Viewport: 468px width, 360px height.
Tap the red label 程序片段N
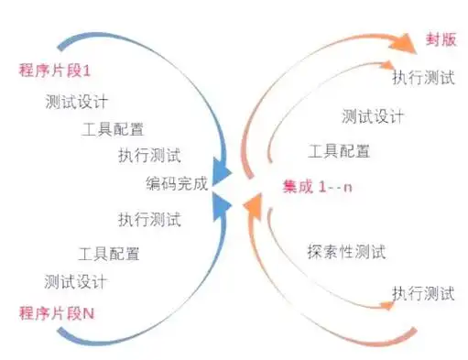click(x=57, y=312)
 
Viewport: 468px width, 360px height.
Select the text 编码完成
click(x=177, y=183)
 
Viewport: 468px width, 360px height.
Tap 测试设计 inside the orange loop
click(x=374, y=116)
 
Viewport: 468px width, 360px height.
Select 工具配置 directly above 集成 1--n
click(x=339, y=151)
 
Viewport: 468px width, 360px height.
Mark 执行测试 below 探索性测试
click(x=422, y=294)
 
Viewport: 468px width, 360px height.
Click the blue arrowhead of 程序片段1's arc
click(x=223, y=171)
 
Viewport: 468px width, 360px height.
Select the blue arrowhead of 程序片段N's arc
click(x=222, y=206)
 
